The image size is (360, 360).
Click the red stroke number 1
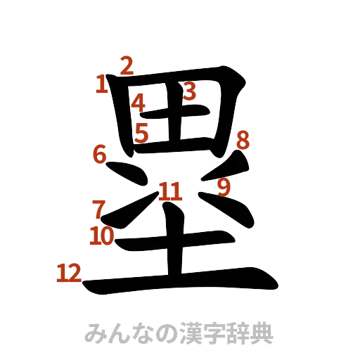click(102, 85)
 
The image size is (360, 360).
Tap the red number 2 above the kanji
click(126, 65)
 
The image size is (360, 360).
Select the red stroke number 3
click(189, 91)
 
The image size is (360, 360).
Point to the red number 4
click(139, 103)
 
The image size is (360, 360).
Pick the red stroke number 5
click(142, 132)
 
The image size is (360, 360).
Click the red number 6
click(99, 153)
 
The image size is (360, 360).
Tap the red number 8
click(243, 141)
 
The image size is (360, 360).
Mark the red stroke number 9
click(224, 187)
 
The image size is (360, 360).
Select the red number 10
click(102, 236)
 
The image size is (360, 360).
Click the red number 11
click(169, 190)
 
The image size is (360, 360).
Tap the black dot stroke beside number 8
click(236, 169)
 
